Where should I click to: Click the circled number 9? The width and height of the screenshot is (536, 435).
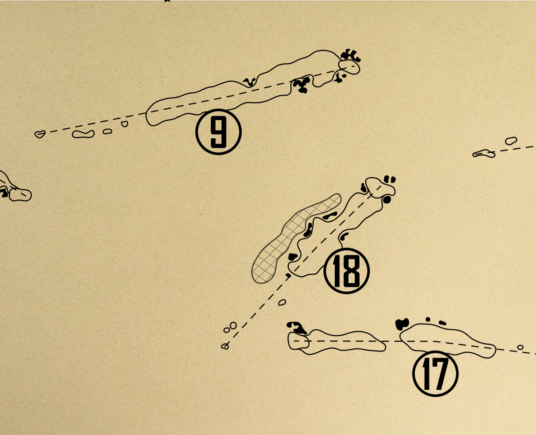coord(218,132)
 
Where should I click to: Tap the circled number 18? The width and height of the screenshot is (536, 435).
coord(346,271)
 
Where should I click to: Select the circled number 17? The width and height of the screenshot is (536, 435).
coord(435,374)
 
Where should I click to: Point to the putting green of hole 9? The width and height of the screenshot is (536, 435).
coord(349,67)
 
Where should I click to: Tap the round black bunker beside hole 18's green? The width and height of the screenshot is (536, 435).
coord(387,200)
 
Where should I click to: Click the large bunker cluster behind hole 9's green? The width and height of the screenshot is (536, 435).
coord(350,55)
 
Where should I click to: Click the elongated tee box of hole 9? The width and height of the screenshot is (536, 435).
coord(83,134)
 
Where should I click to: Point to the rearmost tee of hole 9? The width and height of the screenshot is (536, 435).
coord(40,134)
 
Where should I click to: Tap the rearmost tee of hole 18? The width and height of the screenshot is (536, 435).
coord(225,347)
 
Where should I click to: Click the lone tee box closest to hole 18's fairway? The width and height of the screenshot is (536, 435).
coord(282,302)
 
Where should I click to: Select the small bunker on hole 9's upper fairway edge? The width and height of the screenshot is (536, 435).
coord(250,82)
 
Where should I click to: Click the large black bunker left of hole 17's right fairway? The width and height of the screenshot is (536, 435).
coord(402,324)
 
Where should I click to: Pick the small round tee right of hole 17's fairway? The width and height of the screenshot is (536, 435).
coord(520,348)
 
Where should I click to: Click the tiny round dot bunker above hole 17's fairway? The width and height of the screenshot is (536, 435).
coord(428,319)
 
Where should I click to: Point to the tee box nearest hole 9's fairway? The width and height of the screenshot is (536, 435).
coord(125,124)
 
